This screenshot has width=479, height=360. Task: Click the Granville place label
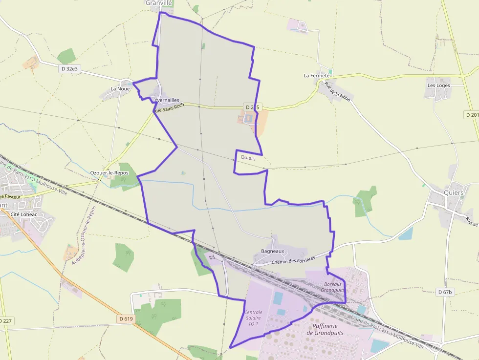pyautogui.click(x=159, y=3)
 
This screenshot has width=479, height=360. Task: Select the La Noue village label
pyautogui.click(x=120, y=89)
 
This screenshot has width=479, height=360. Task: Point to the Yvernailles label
pyautogui.click(x=167, y=100)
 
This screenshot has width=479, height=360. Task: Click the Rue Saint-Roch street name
pyautogui.click(x=169, y=108)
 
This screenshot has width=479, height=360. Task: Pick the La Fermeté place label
pyautogui.click(x=317, y=76)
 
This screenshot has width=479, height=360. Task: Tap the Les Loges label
pyautogui.click(x=438, y=85)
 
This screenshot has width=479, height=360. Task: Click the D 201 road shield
pyautogui.click(x=471, y=114)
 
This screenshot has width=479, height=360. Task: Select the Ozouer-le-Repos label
pyautogui.click(x=109, y=173)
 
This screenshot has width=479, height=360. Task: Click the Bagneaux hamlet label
pyautogui.click(x=272, y=251)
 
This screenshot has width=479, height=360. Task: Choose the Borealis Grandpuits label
pyautogui.click(x=332, y=287)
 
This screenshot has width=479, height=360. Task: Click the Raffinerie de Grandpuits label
pyautogui.click(x=325, y=329)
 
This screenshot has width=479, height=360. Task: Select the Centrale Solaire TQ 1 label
pyautogui.click(x=253, y=318)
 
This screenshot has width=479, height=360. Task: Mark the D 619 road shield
pyautogui.click(x=126, y=319)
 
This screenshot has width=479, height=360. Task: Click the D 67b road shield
pyautogui.click(x=445, y=292)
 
